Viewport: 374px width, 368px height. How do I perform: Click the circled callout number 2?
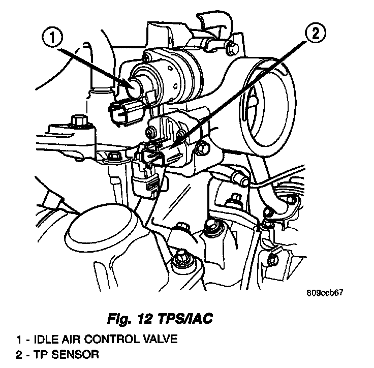(x=315, y=35)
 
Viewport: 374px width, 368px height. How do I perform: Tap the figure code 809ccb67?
(x=326, y=293)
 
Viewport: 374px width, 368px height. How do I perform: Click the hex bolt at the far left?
(x=77, y=122)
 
